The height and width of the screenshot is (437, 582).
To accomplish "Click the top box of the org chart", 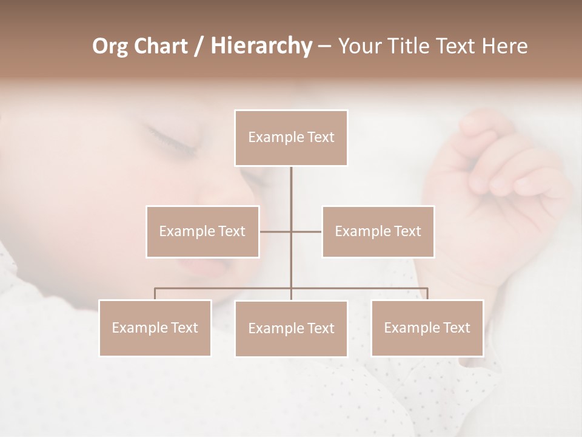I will click(291, 138).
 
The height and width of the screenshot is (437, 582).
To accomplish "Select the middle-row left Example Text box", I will click(202, 231).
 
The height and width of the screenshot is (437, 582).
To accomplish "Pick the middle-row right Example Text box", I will click(378, 231).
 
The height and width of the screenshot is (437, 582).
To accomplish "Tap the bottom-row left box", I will click(155, 328).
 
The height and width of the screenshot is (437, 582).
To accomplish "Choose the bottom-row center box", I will click(291, 328).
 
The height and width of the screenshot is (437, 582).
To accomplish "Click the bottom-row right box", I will click(427, 328).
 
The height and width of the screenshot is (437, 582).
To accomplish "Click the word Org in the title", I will click(110, 47).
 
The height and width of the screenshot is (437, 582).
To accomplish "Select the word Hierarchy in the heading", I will click(261, 46).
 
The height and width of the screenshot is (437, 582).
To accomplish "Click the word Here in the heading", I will click(504, 46).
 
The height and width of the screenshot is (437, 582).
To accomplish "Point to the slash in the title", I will click(199, 47).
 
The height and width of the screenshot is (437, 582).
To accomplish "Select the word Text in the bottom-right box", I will click(456, 328).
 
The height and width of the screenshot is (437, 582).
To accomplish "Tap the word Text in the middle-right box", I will click(406, 231).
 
